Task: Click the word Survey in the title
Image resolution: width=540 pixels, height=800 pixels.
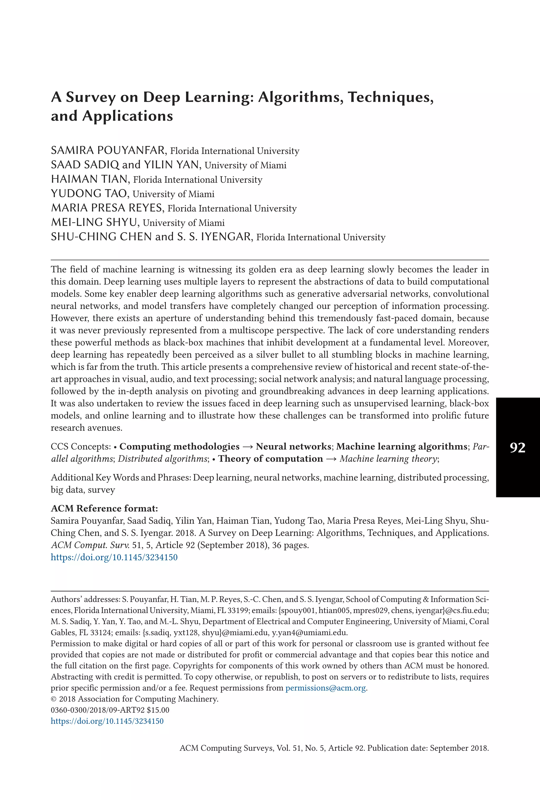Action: click(x=90, y=97)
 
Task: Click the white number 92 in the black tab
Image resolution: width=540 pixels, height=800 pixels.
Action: click(x=517, y=447)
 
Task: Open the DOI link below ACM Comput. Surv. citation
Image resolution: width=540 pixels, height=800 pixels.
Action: click(x=114, y=557)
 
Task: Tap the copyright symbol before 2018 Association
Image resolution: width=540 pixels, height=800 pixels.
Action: click(x=54, y=699)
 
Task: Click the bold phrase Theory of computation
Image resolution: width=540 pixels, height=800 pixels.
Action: click(x=271, y=459)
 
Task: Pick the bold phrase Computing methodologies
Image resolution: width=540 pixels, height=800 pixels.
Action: click(x=179, y=446)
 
